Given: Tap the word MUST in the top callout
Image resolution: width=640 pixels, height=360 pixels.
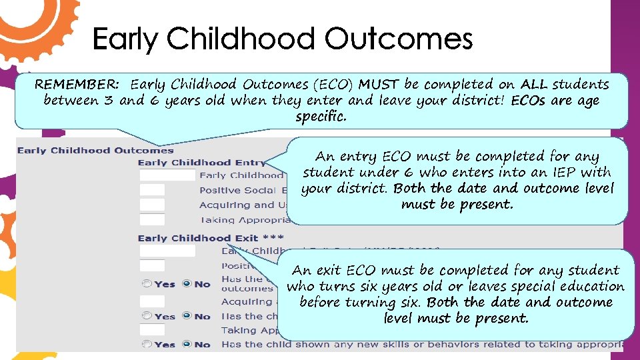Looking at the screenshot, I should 379,85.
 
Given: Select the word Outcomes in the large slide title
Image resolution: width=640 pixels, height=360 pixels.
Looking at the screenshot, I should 398,39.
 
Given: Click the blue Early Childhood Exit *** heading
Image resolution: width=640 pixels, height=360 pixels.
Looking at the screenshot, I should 211,238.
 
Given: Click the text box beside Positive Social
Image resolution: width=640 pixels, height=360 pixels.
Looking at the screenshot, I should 152,190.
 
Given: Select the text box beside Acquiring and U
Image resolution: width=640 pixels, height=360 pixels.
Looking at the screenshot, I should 152,205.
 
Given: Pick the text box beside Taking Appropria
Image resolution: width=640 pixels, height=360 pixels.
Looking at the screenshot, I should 152,219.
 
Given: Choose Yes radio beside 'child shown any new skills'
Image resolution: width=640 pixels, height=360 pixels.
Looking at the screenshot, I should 147,345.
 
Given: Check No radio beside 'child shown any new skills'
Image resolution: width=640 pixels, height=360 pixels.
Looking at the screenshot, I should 187,345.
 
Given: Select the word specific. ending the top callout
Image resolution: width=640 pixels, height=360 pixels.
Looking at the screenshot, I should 321,117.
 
